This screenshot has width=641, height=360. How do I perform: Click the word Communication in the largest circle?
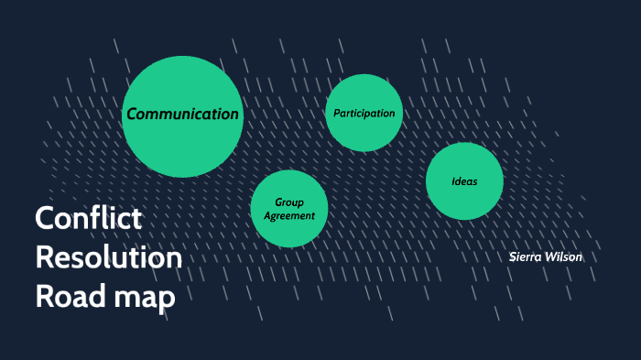pos(183,115)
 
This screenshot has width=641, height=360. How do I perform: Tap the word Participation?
pos(364,114)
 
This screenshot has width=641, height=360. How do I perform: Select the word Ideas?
pos(464,181)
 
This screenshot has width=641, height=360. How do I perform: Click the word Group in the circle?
pos(289,202)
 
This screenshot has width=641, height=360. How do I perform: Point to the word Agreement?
pos(289,216)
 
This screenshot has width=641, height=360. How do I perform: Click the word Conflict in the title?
pos(88,219)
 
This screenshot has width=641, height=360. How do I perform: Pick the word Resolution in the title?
pos(108,258)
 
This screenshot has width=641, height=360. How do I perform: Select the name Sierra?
pos(527,256)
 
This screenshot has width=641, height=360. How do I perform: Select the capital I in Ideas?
pos(453,181)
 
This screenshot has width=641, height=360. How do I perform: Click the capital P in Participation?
pos(336,114)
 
